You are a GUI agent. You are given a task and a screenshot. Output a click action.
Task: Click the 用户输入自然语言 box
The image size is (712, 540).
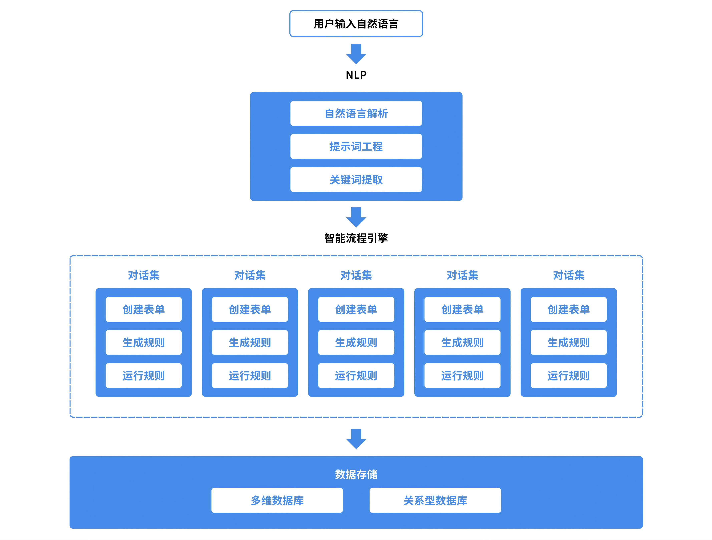click(x=356, y=24)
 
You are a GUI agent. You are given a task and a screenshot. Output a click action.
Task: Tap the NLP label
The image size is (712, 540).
click(x=356, y=75)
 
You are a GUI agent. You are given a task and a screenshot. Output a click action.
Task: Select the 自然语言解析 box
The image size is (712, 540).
click(x=356, y=113)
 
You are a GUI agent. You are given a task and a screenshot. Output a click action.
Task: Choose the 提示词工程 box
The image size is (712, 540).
click(x=356, y=147)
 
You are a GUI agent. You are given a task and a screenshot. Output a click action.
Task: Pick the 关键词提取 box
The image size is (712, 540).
click(x=356, y=180)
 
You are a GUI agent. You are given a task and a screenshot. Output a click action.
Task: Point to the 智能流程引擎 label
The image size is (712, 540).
click(x=356, y=238)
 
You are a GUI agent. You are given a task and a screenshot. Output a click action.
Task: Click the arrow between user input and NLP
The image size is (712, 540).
click(x=356, y=54)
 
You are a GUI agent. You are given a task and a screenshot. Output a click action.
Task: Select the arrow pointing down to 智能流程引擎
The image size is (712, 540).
click(x=356, y=217)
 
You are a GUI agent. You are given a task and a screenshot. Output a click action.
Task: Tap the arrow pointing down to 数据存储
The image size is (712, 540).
click(x=356, y=439)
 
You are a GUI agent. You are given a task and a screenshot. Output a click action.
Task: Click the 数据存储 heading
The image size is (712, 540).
click(x=356, y=474)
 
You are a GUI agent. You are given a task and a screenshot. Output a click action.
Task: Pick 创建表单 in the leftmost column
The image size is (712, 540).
click(x=144, y=309)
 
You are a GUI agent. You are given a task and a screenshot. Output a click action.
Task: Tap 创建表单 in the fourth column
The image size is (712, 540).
click(x=462, y=309)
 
